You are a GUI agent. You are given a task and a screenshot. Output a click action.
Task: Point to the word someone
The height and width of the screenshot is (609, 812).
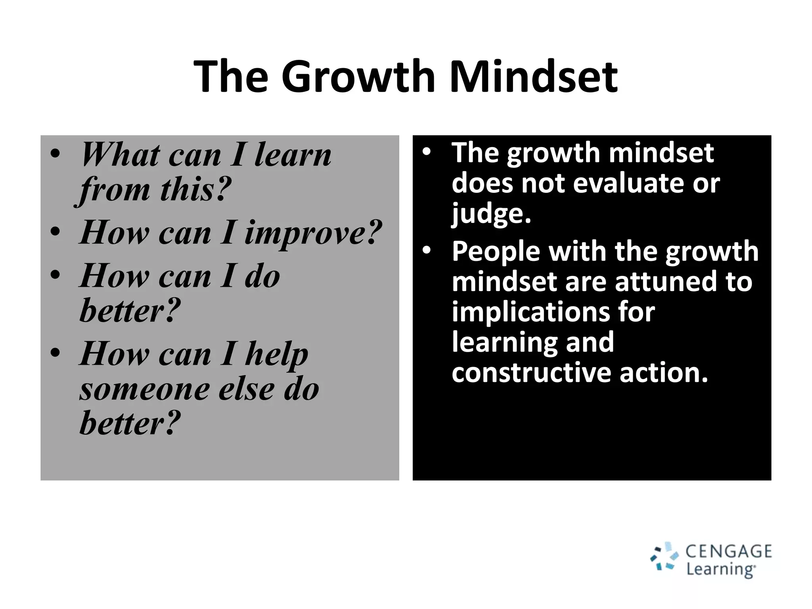coord(144,389)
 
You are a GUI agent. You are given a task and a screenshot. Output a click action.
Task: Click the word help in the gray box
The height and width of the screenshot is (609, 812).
coord(276,354)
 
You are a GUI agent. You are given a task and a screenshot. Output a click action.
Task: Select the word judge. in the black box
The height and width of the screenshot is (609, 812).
coord(491,214)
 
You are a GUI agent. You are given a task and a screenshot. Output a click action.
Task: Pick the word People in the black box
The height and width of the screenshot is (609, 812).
coord(496,251)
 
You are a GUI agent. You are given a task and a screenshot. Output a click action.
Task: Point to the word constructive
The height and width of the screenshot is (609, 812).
coord(531,373)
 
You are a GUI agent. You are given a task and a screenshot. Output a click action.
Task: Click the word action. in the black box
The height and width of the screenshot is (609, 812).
coord(664,373)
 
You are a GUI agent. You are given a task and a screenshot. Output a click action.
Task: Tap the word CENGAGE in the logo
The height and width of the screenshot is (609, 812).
coord(729,552)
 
